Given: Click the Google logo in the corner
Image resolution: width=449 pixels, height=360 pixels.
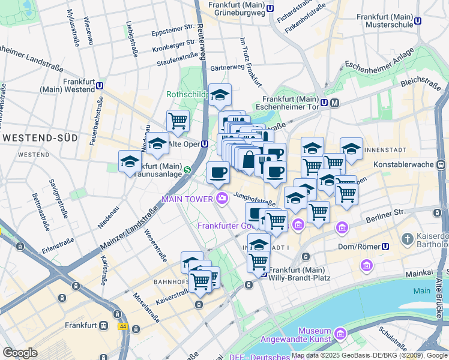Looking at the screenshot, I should tap(20, 353).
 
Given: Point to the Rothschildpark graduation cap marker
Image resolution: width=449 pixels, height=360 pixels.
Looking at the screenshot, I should tap(220, 95).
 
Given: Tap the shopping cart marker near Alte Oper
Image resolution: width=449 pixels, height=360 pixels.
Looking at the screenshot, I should tap(178, 121).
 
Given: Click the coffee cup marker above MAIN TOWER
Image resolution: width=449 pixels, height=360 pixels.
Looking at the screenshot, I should tap(218, 173).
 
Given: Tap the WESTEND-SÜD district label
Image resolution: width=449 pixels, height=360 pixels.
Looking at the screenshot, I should tap(40, 138).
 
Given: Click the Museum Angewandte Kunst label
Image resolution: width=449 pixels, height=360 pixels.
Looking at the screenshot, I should tap(315, 335).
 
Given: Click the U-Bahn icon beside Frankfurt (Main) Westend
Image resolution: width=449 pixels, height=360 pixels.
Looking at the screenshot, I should tap(99, 86).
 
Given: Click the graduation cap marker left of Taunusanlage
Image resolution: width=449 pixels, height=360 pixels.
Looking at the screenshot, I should tap(129, 161).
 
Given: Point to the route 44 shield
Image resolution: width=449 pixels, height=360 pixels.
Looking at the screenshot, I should tap(123, 326).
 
